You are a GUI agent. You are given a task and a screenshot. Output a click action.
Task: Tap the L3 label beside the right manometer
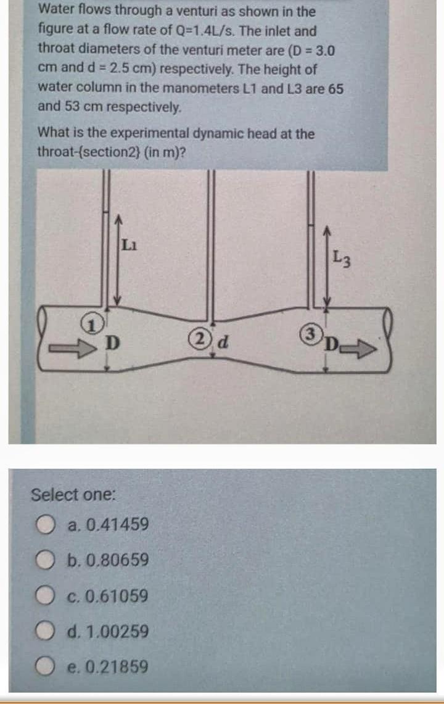342,259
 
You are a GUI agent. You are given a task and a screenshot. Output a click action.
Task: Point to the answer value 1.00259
117,632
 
